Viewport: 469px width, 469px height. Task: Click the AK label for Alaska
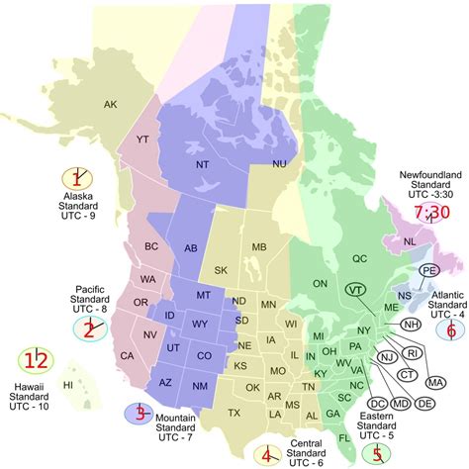tap(111, 104)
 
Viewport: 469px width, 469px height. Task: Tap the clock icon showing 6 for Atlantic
tap(451, 304)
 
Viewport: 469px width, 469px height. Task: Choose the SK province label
tap(220, 270)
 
